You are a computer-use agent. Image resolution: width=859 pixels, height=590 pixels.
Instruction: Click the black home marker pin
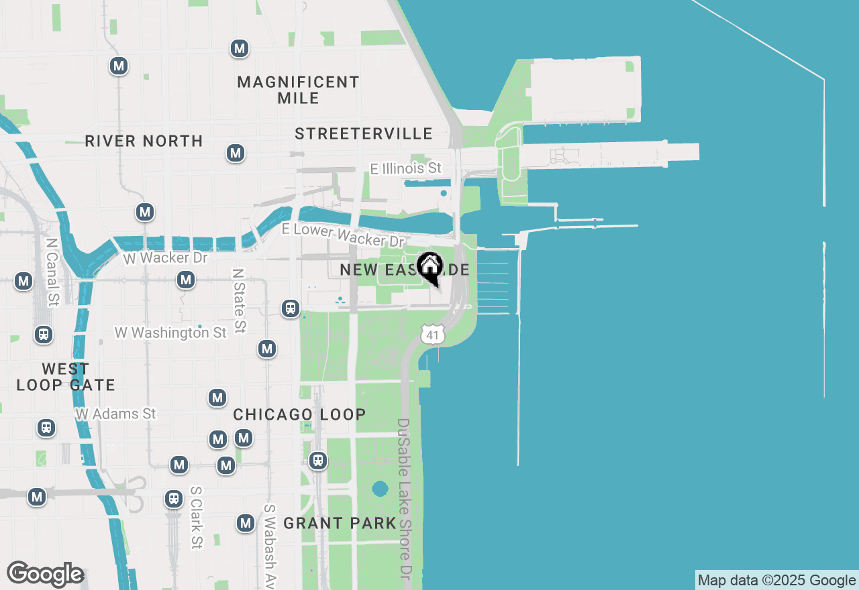point(429,268)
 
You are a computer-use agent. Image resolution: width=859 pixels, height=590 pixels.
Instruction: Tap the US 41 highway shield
point(434,334)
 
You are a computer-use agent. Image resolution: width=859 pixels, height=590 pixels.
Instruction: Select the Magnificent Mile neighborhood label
point(299,90)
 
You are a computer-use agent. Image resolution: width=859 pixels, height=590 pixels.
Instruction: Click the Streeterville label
point(364,133)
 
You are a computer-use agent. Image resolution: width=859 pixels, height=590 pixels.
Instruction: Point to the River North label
point(144,141)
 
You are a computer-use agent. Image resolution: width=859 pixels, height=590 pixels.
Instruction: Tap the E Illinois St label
point(407,168)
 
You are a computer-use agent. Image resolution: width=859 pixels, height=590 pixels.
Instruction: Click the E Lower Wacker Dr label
point(343,235)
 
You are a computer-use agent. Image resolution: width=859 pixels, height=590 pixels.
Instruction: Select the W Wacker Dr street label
point(165,257)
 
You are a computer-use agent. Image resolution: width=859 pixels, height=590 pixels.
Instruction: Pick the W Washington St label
point(170,333)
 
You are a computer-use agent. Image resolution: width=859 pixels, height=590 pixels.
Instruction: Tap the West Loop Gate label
point(66,377)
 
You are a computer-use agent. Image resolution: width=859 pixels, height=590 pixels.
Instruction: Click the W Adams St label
point(115,414)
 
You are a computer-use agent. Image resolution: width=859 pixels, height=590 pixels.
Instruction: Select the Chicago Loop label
point(299,414)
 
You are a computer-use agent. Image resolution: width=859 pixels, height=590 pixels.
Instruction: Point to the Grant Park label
point(340,523)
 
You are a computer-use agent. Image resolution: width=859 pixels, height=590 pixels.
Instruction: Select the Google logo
point(45,575)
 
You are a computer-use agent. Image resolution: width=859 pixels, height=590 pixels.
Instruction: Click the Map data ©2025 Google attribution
point(776,581)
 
